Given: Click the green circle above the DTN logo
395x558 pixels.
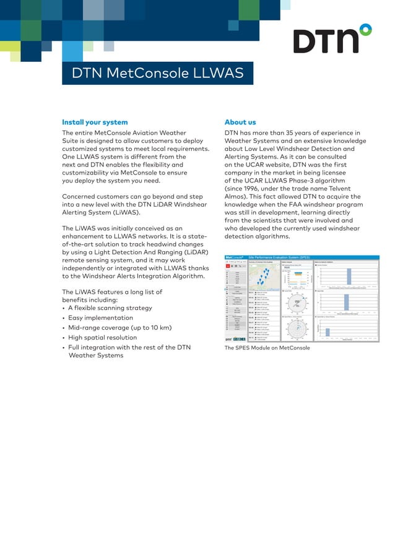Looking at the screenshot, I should click(366, 29).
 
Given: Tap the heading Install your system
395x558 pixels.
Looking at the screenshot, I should click(95, 122).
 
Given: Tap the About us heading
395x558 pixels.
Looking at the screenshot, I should click(240, 122).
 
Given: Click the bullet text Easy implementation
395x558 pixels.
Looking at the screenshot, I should click(100, 318).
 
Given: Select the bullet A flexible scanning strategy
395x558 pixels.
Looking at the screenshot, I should click(110, 308).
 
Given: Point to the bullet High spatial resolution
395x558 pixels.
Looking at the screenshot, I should click(102, 338).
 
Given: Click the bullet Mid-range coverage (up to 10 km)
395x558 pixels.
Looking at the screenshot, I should click(119, 328).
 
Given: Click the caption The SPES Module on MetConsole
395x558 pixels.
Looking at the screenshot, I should click(267, 348).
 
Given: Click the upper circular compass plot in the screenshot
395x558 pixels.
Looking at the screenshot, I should click(297, 303).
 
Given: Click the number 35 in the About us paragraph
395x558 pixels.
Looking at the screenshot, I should click(290, 132).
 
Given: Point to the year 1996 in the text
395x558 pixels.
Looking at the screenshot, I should click(250, 189).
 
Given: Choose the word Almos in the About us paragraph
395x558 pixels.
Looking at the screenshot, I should click(235, 197).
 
